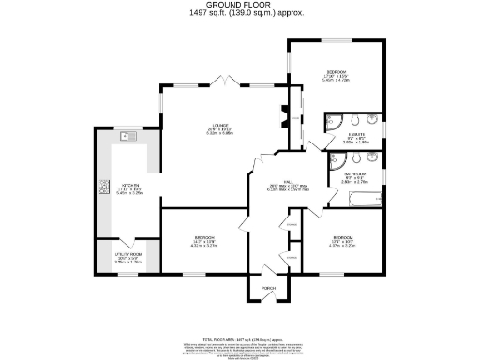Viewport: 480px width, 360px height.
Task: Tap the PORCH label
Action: [268, 287]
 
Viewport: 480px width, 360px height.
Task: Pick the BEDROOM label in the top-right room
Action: [337, 72]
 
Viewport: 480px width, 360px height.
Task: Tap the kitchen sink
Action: [128, 138]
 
